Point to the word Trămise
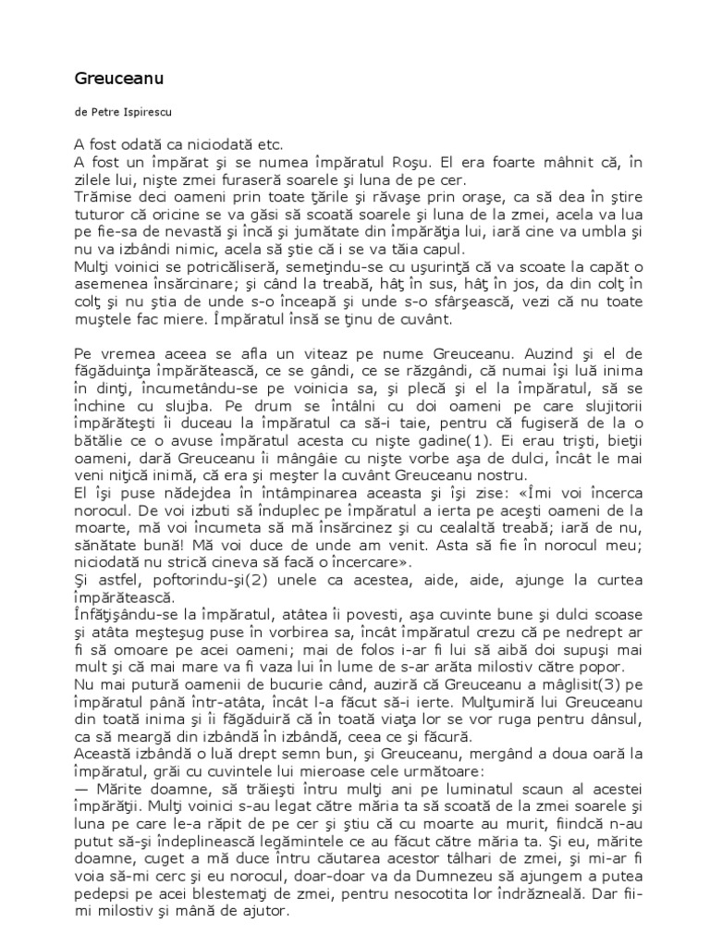pos(101,196)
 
